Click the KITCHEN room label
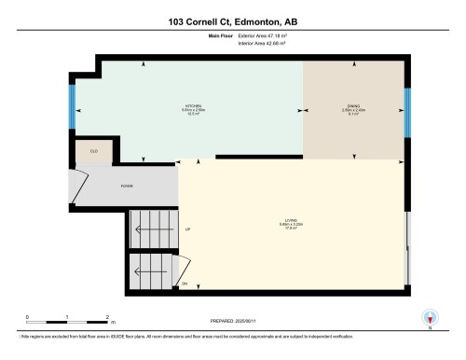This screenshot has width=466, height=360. point(194,106)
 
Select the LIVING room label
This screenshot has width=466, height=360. point(293,220)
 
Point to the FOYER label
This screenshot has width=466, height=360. point(127,187)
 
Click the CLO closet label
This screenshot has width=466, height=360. point(94,150)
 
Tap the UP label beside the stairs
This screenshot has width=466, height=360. point(187,229)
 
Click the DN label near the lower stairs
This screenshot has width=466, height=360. point(185,283)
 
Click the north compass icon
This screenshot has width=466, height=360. point(430,317)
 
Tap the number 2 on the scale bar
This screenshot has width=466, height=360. point(108,317)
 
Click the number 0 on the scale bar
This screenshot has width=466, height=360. point(28,317)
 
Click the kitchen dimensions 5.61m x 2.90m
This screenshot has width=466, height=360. point(194,111)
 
